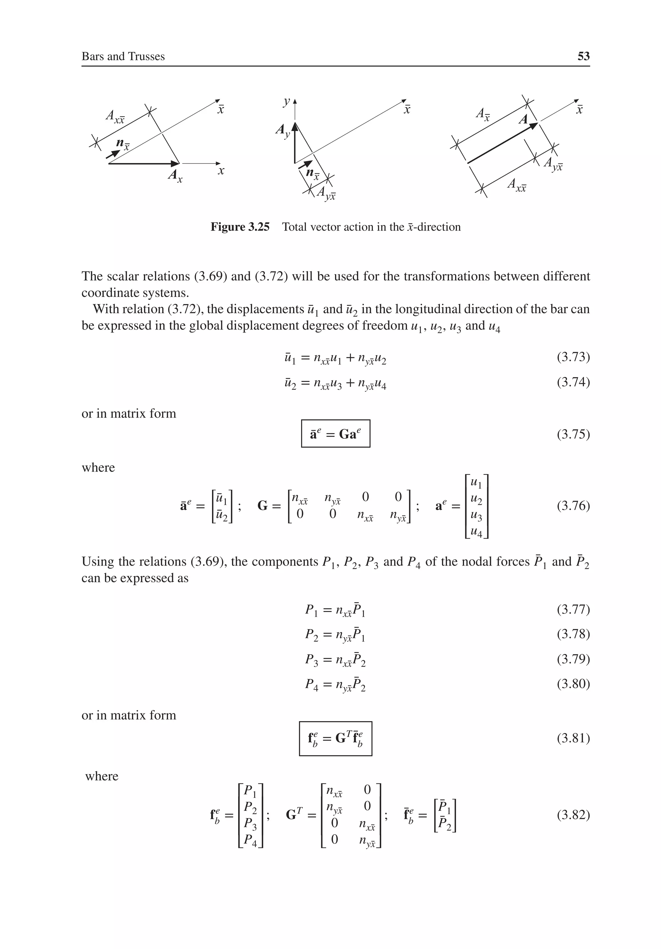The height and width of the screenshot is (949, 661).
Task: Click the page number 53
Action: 583,56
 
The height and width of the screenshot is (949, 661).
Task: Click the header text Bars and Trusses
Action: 123,56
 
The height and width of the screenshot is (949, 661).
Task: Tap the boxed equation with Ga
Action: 335,434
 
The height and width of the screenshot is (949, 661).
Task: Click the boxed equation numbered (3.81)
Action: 335,739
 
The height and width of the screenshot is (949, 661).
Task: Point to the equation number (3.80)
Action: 573,684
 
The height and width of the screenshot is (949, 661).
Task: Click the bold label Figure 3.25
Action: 240,227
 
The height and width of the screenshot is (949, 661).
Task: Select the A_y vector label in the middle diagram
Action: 283,131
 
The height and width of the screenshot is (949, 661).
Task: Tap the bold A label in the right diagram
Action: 523,120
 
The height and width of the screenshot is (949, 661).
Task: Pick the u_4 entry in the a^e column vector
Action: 477,533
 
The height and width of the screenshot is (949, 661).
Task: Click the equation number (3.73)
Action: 573,357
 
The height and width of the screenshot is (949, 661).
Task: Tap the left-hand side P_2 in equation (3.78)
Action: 312,634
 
